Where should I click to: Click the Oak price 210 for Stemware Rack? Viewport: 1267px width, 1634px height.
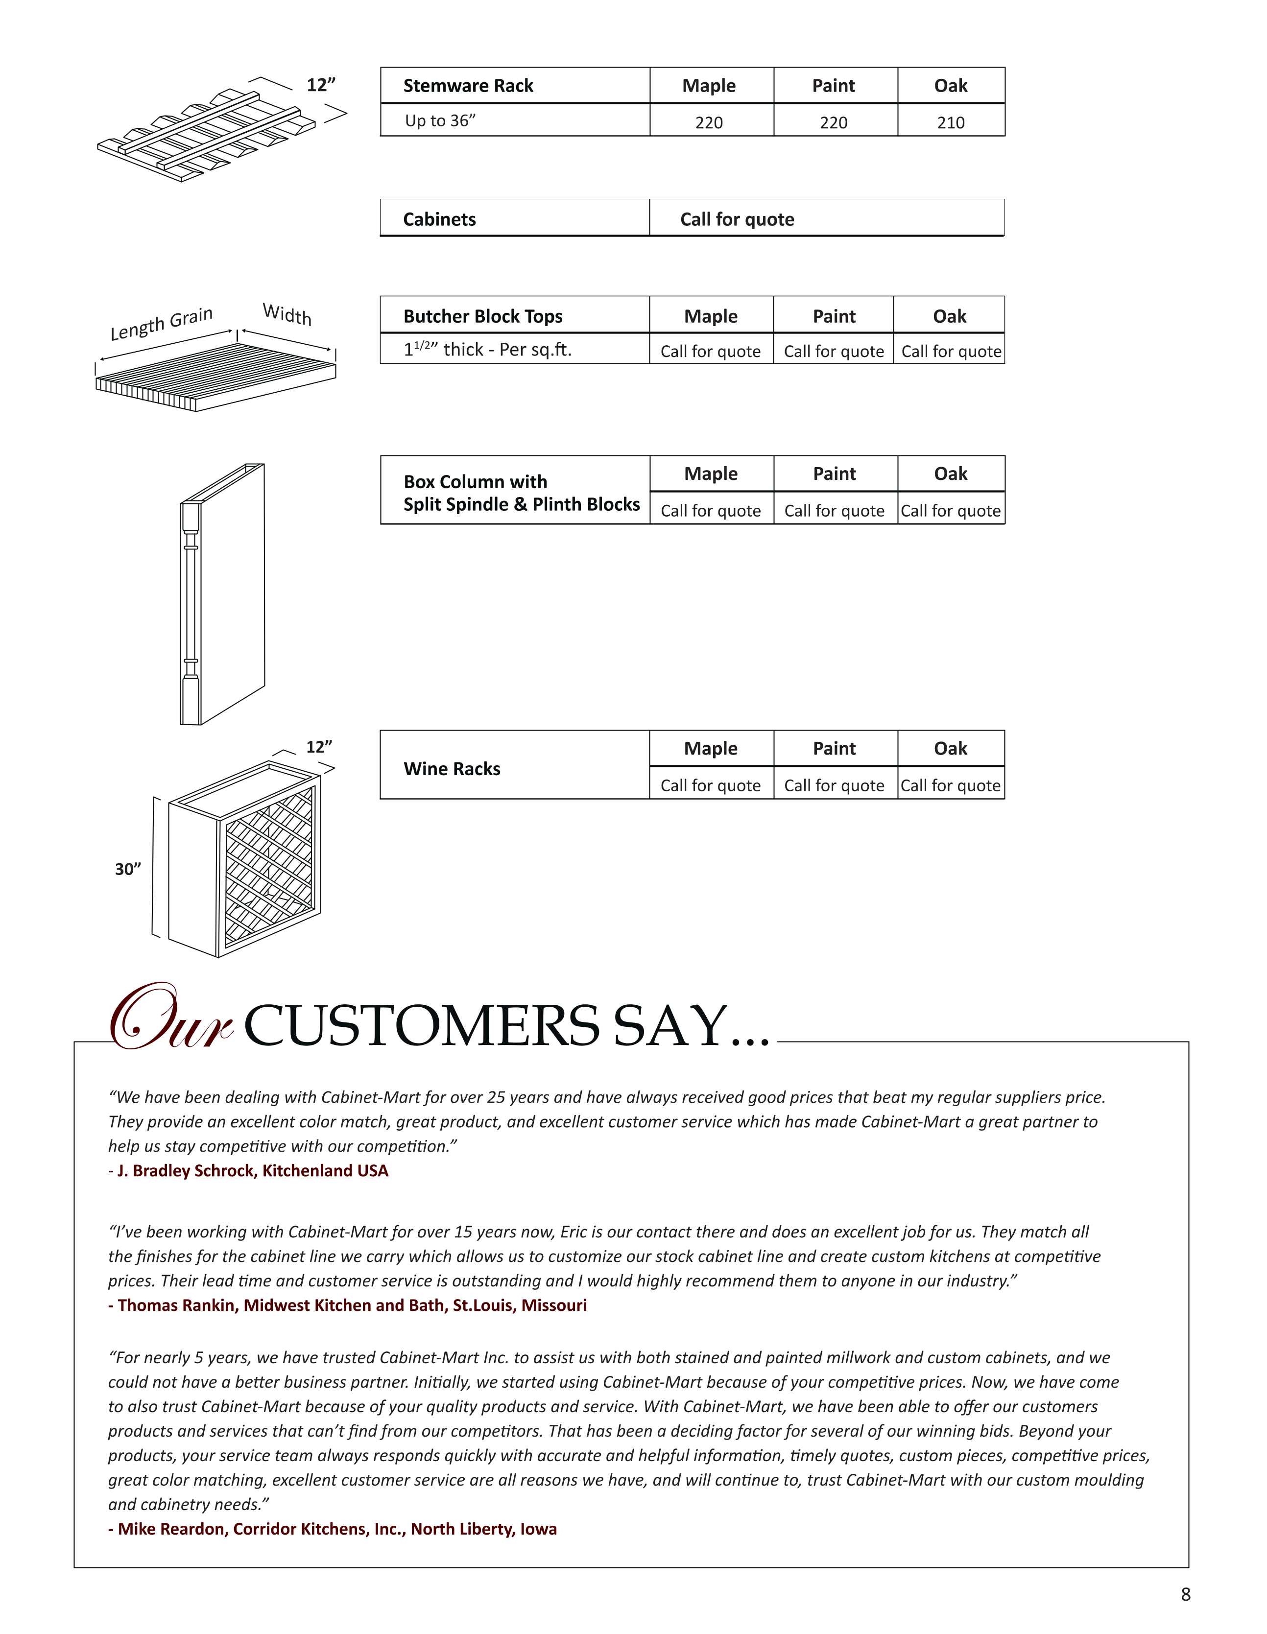point(951,122)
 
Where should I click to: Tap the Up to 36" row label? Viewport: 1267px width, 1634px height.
point(440,120)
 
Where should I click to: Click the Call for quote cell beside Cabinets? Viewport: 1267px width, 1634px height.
point(737,219)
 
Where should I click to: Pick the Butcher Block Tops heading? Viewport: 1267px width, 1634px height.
point(483,316)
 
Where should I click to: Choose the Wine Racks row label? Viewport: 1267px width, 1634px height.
point(452,768)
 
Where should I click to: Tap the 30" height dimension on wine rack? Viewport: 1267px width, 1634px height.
point(128,869)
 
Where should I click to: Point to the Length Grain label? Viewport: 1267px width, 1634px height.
point(162,323)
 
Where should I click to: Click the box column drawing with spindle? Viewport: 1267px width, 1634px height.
point(222,595)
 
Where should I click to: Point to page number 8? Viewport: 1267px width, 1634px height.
point(1185,1594)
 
